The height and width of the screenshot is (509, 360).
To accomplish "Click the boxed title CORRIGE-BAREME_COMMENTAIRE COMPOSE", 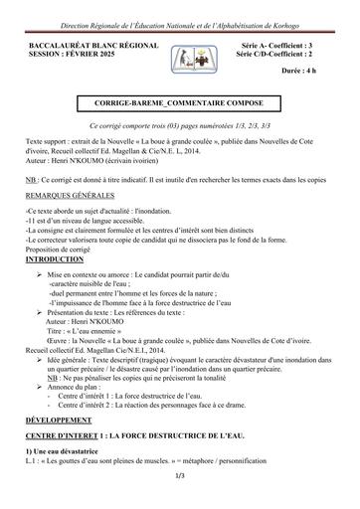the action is click(180, 103).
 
